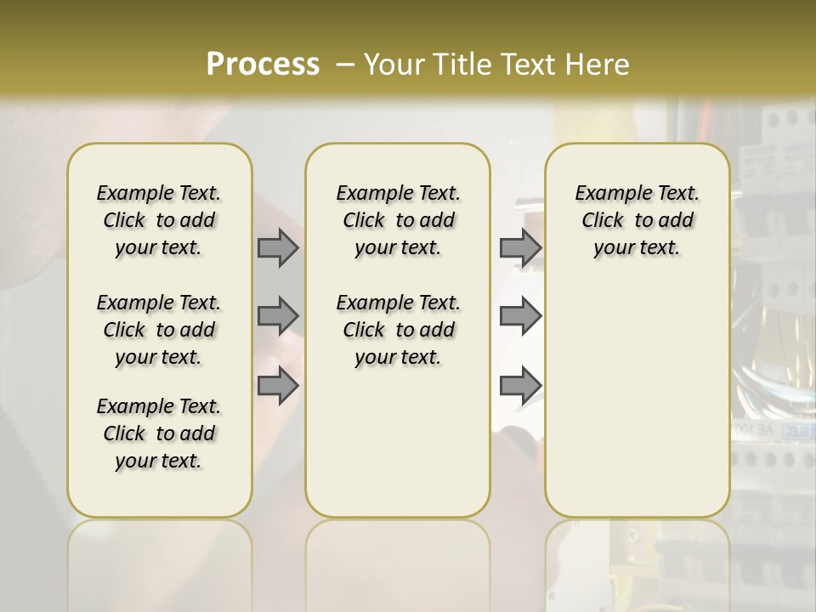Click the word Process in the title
tap(263, 64)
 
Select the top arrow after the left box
tap(278, 247)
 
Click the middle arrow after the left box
tap(278, 316)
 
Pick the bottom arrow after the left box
tap(278, 386)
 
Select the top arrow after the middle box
tap(520, 247)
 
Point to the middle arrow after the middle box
tap(520, 316)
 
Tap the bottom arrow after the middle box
tap(520, 386)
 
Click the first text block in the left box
tap(159, 220)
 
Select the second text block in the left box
tap(159, 330)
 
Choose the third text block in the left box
tap(159, 433)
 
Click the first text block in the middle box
tap(398, 220)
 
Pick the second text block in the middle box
tap(398, 330)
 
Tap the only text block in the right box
tap(637, 220)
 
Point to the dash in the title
tap(345, 64)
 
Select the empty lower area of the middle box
tap(398, 442)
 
